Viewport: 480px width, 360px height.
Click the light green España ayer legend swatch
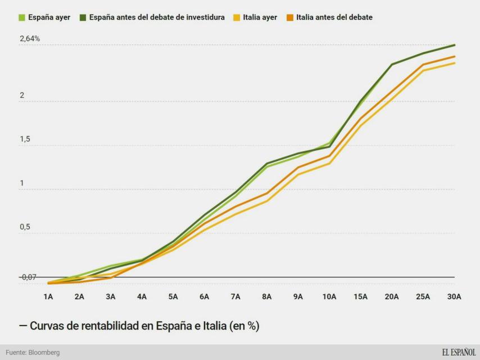click(x=22, y=17)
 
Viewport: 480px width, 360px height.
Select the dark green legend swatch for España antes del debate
click(x=83, y=17)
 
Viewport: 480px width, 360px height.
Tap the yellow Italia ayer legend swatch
click(x=237, y=17)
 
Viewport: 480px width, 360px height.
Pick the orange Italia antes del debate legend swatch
click(x=290, y=17)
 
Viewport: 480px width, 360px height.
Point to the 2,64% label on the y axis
click(x=30, y=39)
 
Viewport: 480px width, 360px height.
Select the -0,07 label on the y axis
click(x=28, y=277)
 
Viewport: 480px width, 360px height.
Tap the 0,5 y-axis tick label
click(x=25, y=227)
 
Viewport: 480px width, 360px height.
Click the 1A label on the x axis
click(x=48, y=296)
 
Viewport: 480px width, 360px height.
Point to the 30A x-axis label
click(x=454, y=296)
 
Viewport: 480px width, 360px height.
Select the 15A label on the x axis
click(x=360, y=296)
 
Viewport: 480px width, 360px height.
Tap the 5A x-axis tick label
click(x=173, y=296)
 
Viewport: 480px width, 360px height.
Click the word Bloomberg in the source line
click(x=43, y=353)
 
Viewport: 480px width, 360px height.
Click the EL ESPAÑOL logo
click(x=458, y=352)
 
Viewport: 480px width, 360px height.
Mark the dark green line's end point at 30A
click(x=454, y=45)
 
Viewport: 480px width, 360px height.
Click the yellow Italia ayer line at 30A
click(x=454, y=63)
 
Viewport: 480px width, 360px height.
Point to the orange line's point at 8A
click(x=266, y=193)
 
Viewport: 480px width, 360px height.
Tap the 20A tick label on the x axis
click(x=392, y=296)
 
